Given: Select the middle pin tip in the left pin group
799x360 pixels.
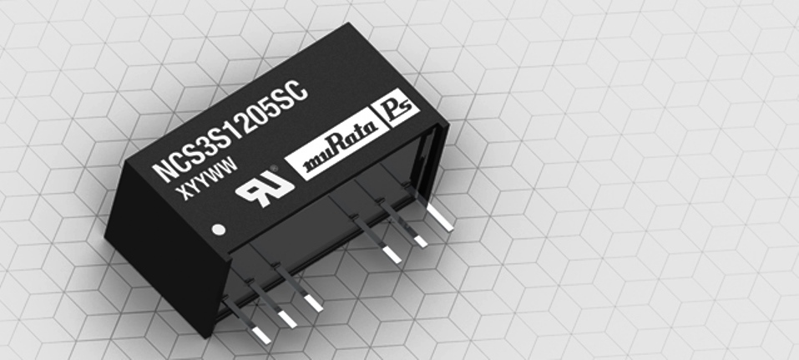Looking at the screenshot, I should [x=286, y=318].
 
